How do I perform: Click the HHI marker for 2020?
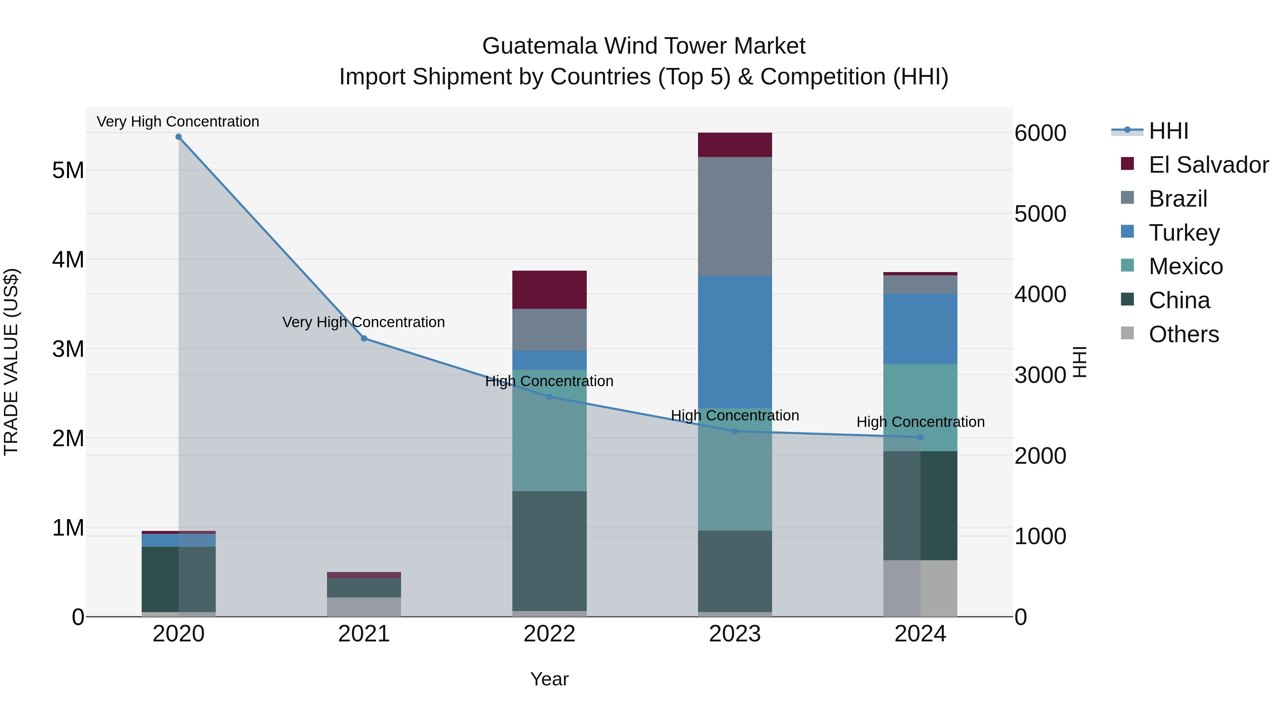click(x=179, y=137)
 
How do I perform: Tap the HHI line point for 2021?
click(x=364, y=339)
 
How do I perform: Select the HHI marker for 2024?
click(x=921, y=437)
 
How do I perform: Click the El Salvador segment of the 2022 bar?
click(x=550, y=290)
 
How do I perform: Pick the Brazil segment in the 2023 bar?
click(x=735, y=216)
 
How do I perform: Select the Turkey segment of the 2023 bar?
click(x=735, y=342)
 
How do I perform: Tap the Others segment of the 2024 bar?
click(x=921, y=588)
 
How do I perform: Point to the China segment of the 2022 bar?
click(x=550, y=551)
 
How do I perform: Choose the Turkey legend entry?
click(x=1184, y=233)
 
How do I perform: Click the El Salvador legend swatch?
click(x=1127, y=164)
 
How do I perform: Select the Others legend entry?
click(x=1184, y=334)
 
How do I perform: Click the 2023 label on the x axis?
click(x=735, y=634)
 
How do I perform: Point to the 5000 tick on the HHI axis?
click(x=1040, y=214)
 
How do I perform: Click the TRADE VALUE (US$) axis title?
click(x=11, y=362)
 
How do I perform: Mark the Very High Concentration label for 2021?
click(x=364, y=322)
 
